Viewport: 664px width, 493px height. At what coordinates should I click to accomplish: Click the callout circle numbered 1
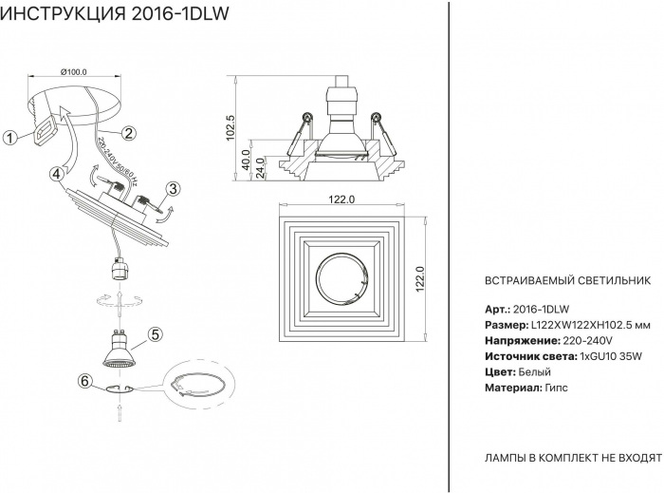(9, 137)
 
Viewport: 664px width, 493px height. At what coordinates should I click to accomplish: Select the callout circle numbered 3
(174, 189)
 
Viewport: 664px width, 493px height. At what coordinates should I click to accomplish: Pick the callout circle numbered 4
(58, 174)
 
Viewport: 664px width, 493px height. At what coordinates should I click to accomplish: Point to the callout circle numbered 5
(156, 333)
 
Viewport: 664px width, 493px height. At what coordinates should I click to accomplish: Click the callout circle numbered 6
(84, 381)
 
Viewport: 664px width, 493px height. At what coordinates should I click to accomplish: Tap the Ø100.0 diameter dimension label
(73, 72)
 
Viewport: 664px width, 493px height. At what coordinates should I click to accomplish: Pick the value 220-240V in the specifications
(588, 340)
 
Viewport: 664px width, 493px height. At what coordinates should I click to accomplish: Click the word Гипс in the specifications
(559, 389)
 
